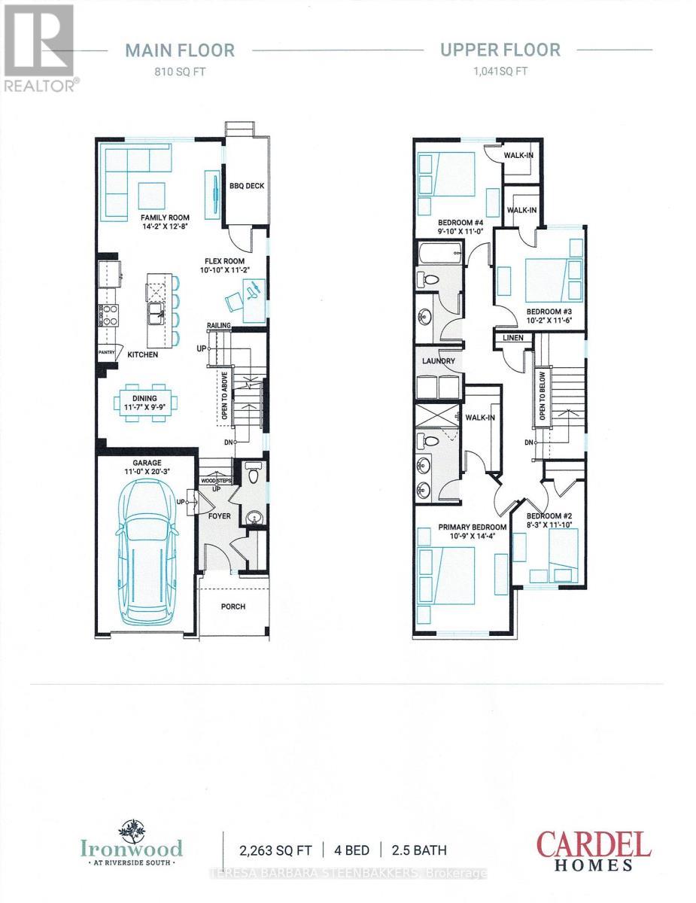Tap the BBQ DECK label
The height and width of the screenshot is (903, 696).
point(247,187)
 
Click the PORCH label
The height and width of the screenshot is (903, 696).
point(233,607)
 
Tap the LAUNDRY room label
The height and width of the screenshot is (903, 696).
point(439,361)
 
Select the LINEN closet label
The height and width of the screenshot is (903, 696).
point(514,339)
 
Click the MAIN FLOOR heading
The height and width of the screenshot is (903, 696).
point(180,50)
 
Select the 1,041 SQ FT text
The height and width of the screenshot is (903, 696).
point(500,74)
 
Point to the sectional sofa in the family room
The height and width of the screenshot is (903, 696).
point(128,177)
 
